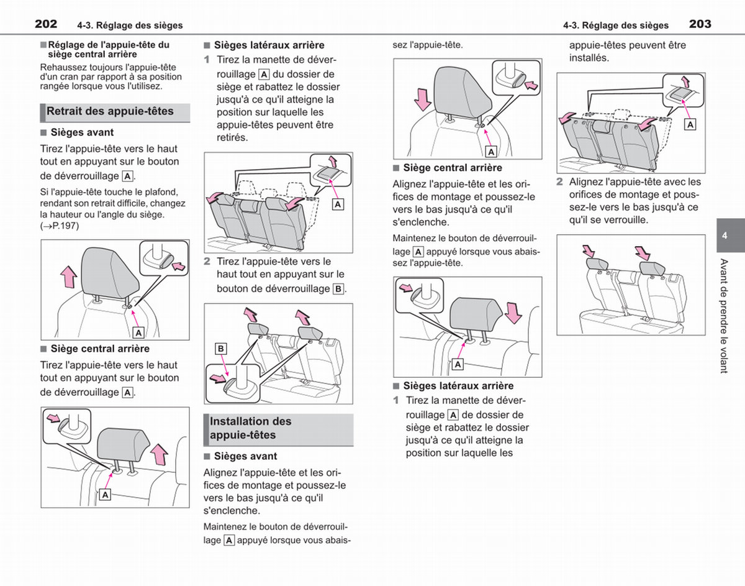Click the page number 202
[46, 24]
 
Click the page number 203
[700, 24]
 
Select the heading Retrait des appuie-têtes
[110, 111]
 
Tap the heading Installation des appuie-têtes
[251, 428]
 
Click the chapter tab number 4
[725, 236]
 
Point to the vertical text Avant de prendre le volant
[724, 316]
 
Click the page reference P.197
[65, 226]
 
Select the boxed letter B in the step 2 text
[338, 289]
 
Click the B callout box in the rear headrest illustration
[221, 349]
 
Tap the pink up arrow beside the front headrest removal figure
[68, 277]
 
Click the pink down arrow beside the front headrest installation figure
[423, 99]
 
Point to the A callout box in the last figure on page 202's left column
[106, 495]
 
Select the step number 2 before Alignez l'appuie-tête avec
[559, 182]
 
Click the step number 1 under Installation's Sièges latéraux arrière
[396, 400]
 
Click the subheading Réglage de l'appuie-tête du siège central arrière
[109, 50]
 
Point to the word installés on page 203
[589, 58]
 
